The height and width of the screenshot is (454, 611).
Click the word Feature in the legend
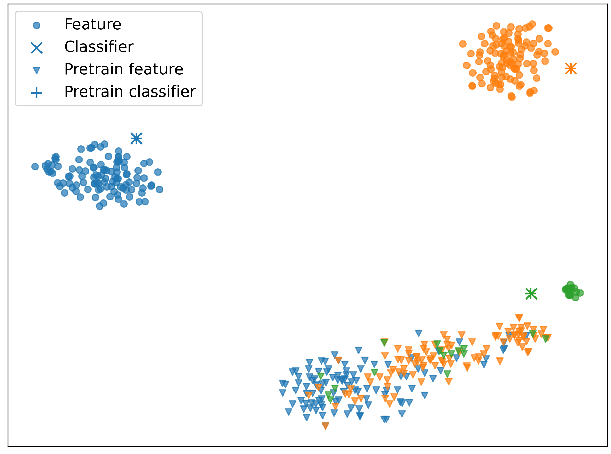tap(93, 24)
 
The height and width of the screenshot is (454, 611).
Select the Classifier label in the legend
tap(99, 47)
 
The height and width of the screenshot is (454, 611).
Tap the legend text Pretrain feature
tap(124, 69)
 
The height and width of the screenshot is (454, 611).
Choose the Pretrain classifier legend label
tap(130, 92)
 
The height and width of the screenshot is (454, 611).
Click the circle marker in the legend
tap(37, 26)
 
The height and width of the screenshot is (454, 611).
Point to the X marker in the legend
tap(37, 48)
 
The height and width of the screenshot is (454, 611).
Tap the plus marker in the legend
tap(37, 93)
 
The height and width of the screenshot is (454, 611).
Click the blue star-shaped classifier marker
tap(136, 139)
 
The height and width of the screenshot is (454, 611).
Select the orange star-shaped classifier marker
tap(571, 69)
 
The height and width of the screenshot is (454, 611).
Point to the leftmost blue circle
tap(35, 166)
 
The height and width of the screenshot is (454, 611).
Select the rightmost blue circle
tap(160, 189)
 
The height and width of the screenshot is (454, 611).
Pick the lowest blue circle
tap(99, 206)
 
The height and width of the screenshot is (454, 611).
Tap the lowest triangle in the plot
tap(325, 426)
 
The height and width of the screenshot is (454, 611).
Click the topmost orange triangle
tap(519, 318)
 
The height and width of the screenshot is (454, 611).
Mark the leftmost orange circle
tap(463, 44)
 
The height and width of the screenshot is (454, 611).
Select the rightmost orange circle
tap(555, 52)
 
